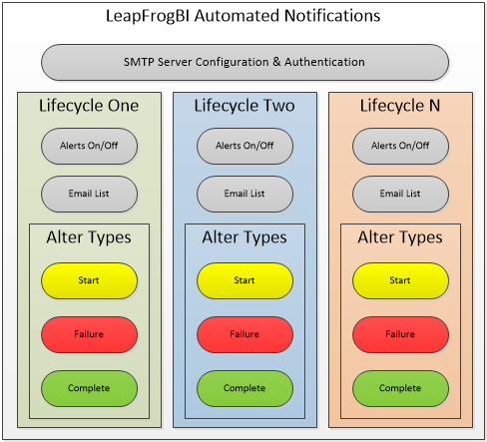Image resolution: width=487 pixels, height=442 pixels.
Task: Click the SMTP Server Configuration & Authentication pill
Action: pos(244,62)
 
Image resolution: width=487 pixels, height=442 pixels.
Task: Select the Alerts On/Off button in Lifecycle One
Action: pos(89,146)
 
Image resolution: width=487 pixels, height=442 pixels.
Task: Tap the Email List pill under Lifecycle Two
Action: pos(244,194)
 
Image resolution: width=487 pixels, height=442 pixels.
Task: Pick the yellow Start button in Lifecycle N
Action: pos(400,280)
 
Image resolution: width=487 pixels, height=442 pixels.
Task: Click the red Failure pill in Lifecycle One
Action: pos(89,334)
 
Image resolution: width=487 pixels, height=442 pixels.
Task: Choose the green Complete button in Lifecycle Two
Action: pos(244,388)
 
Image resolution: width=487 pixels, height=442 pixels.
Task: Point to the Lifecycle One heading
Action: pos(89,106)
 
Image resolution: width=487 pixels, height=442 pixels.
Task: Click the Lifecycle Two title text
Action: pos(244,106)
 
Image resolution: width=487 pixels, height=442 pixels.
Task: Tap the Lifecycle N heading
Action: pos(400,106)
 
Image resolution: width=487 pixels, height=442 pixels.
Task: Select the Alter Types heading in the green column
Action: pos(89,237)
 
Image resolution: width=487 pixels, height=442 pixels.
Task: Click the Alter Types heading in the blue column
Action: pos(244,237)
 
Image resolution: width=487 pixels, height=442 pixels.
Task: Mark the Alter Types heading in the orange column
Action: pos(400,237)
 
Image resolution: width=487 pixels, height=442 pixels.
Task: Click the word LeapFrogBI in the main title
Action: pos(148,16)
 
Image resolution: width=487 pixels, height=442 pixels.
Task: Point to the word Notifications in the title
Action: pos(332,16)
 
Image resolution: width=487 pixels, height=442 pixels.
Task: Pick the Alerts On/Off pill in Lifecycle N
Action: pos(400,146)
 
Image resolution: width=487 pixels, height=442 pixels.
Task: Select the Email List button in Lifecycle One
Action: pos(89,194)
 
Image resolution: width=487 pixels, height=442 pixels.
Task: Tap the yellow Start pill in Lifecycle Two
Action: pos(244,280)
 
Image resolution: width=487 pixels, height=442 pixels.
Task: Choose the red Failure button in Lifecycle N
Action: pos(400,334)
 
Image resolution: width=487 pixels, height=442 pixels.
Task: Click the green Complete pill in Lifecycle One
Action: pos(89,388)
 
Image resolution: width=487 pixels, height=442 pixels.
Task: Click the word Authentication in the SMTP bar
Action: pos(324,62)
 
